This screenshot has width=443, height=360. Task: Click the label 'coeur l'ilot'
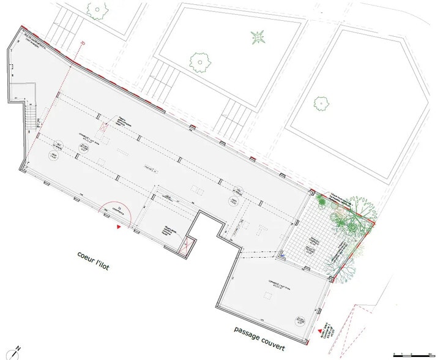94,260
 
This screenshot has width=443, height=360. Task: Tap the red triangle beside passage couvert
318,330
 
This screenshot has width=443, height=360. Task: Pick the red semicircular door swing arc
113,211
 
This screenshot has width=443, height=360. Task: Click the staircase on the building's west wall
30,116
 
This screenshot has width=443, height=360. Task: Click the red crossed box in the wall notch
188,246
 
